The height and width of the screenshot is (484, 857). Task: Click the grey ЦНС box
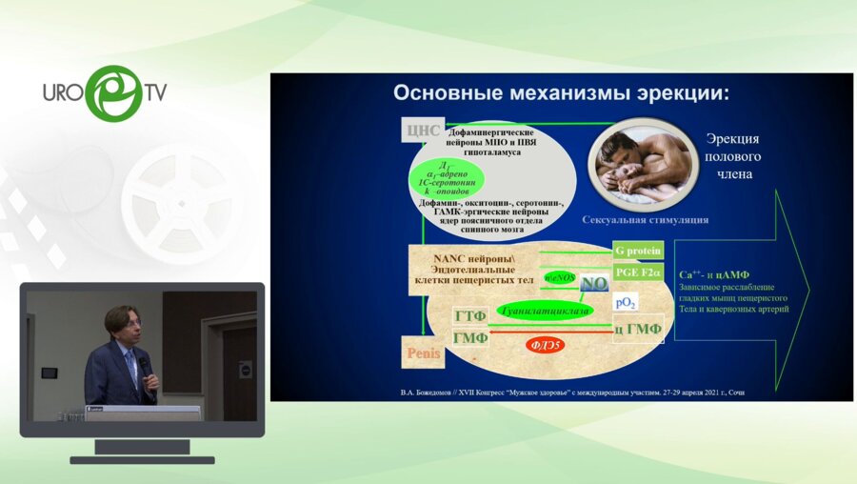pos(424,131)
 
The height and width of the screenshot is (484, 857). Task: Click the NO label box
pos(594,283)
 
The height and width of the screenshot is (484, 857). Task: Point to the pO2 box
pos(626,303)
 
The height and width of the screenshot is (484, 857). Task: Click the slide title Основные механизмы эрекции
pos(561,94)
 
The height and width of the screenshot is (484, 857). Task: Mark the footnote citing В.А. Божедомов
pos(560,392)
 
